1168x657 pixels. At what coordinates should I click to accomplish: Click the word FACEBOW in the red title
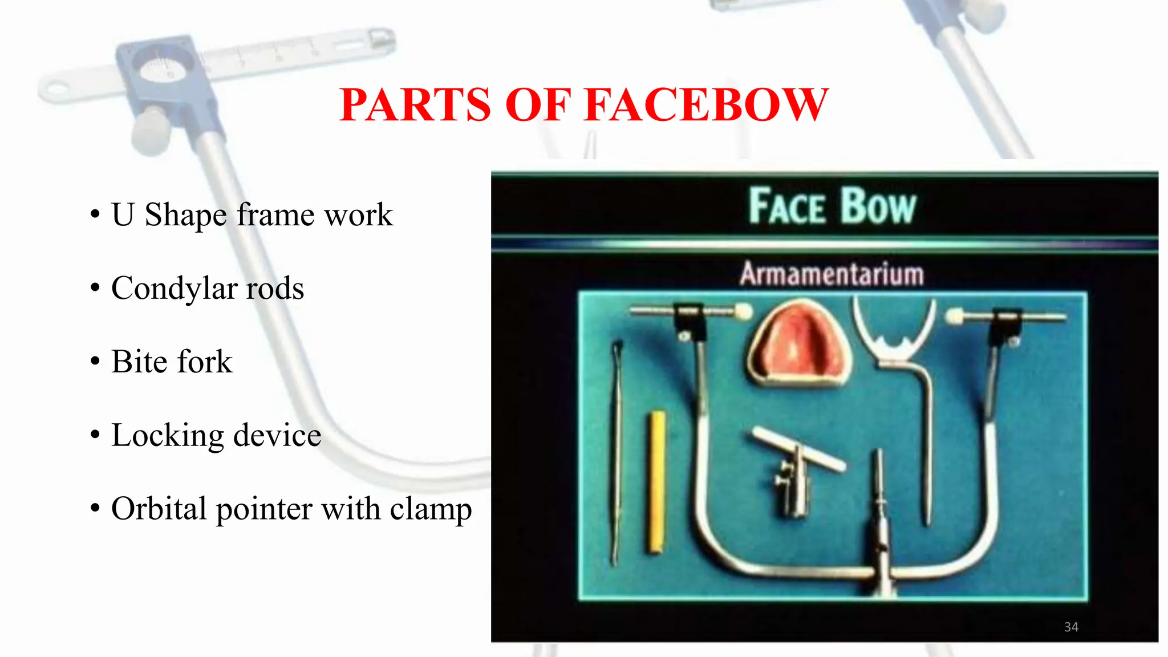pyautogui.click(x=707, y=106)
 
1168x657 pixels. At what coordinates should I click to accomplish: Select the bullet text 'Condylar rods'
pyautogui.click(x=208, y=288)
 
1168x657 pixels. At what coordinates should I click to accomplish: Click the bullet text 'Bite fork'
pyautogui.click(x=172, y=362)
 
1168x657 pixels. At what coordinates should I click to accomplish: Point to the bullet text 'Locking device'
pyautogui.click(x=216, y=435)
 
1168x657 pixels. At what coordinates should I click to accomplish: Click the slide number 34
pyautogui.click(x=1071, y=627)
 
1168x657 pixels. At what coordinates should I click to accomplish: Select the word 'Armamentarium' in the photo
pyautogui.click(x=832, y=274)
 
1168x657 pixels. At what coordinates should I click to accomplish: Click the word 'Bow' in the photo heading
pyautogui.click(x=878, y=206)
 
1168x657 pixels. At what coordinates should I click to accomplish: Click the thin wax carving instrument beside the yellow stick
pyautogui.click(x=616, y=451)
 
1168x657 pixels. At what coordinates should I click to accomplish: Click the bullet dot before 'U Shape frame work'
pyautogui.click(x=95, y=215)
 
